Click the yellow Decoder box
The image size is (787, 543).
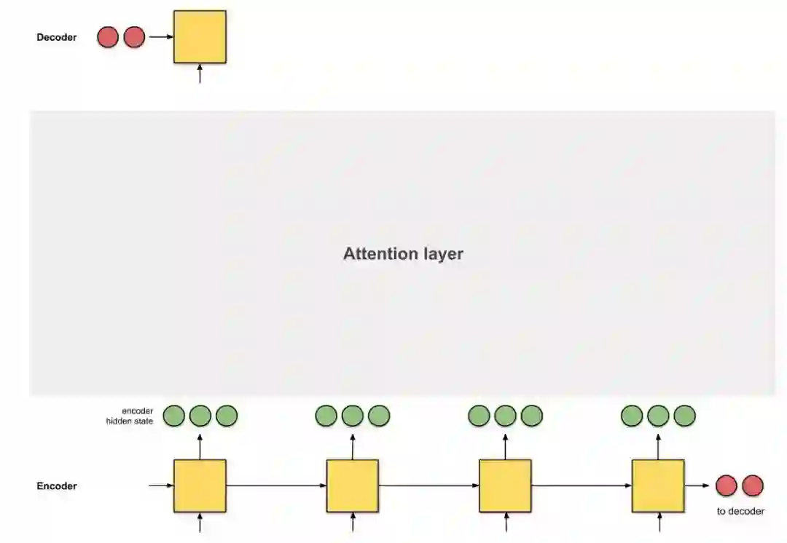200,36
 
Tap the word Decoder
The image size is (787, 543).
56,37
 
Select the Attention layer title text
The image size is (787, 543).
403,254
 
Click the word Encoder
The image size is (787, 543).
57,485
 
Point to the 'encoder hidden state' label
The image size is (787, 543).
129,416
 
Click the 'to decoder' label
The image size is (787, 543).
740,511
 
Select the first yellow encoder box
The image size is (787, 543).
200,485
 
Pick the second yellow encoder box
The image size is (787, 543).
353,485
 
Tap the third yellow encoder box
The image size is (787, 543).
505,485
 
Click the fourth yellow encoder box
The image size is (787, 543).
658,485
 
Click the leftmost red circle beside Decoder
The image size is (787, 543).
108,37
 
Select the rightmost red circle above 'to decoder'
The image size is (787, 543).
753,485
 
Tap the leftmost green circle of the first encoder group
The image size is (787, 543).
173,416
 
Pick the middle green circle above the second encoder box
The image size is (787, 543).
353,416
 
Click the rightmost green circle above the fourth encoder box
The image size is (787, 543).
685,416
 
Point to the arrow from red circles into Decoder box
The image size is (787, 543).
160,37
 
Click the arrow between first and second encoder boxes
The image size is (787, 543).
276,485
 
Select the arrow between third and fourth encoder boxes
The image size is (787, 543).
582,485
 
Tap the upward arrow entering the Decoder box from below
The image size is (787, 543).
200,74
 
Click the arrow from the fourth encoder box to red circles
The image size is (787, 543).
697,485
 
